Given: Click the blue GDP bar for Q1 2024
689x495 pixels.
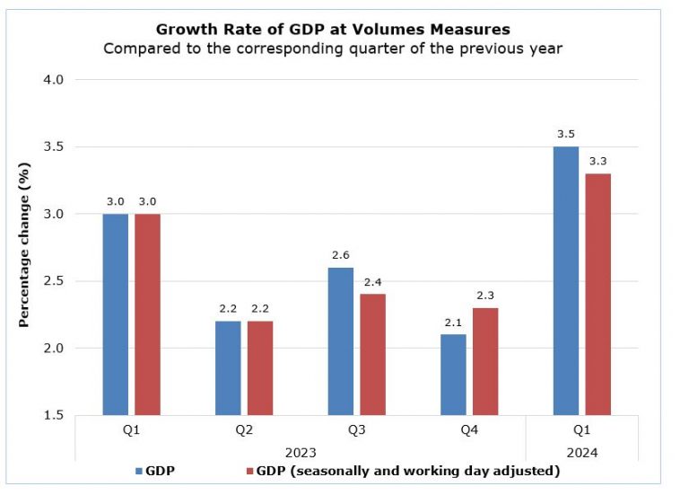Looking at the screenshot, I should pyautogui.click(x=565, y=280).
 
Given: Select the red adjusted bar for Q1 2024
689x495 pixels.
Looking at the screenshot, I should pyautogui.click(x=597, y=294).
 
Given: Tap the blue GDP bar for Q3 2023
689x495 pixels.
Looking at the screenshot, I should pyautogui.click(x=340, y=341).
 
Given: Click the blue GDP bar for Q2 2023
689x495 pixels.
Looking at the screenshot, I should pyautogui.click(x=228, y=368).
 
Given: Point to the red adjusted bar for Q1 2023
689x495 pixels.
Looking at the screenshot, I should pyautogui.click(x=148, y=314).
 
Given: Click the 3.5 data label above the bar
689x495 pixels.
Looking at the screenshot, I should pyautogui.click(x=565, y=135).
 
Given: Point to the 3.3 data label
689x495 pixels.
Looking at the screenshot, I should pyautogui.click(x=597, y=162).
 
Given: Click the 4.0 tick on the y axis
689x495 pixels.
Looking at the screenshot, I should pyautogui.click(x=54, y=80).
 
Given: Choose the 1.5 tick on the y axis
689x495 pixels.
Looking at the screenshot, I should pyautogui.click(x=54, y=415).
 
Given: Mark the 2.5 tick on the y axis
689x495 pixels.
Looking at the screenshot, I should pyautogui.click(x=54, y=281).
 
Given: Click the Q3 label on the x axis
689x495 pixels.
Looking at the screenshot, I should pyautogui.click(x=356, y=430).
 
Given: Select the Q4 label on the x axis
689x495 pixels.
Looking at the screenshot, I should pyautogui.click(x=469, y=430).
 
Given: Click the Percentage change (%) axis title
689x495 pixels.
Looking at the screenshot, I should pyautogui.click(x=25, y=247).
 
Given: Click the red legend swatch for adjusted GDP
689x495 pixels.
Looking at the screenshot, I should pyautogui.click(x=249, y=471).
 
